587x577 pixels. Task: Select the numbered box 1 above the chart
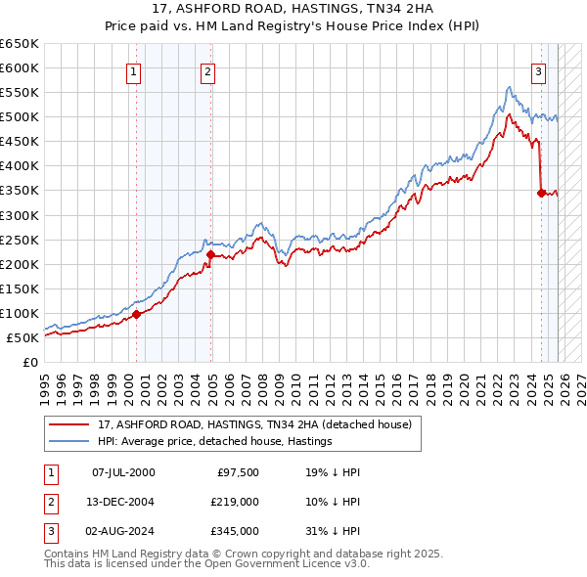(133, 70)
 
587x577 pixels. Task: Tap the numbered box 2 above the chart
(208, 70)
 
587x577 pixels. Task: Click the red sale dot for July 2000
(137, 314)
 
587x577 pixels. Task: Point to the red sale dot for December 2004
(210, 254)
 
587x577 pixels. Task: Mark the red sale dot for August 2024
(541, 193)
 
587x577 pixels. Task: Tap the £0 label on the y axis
(30, 362)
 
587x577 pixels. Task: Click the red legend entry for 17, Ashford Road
(260, 424)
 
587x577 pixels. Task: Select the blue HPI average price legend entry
(215, 441)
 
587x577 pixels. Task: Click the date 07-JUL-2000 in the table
(122, 472)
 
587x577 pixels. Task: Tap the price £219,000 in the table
(234, 502)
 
